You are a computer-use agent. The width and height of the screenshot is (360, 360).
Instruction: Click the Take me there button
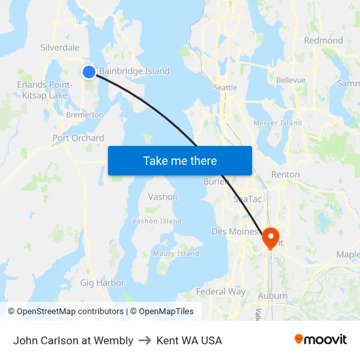pyautogui.click(x=180, y=160)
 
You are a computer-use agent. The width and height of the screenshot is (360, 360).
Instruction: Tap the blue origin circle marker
pyautogui.click(x=89, y=72)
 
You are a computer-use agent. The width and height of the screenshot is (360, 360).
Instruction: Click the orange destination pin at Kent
pyautogui.click(x=270, y=237)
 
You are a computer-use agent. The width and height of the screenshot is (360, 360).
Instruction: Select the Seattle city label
pyautogui.click(x=225, y=87)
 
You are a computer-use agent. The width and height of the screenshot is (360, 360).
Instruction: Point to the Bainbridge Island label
pyautogui.click(x=134, y=71)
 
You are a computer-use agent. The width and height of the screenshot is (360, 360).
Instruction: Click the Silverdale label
pyautogui.click(x=60, y=47)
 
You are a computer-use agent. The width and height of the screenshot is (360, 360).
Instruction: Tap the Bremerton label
pyautogui.click(x=84, y=115)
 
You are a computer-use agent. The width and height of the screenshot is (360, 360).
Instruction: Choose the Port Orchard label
pyautogui.click(x=78, y=137)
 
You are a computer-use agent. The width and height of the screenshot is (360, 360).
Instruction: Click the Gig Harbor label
pyautogui.click(x=102, y=283)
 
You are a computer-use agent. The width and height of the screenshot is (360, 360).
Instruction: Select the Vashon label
pyautogui.click(x=162, y=196)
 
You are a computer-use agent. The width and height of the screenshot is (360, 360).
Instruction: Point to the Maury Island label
pyautogui.click(x=175, y=253)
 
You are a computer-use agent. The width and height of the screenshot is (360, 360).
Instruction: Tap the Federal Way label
pyautogui.click(x=221, y=291)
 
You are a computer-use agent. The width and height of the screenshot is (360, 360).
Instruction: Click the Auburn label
pyautogui.click(x=272, y=296)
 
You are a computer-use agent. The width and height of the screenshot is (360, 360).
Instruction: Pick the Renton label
pyautogui.click(x=285, y=174)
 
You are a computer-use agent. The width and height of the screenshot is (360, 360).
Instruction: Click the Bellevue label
pyautogui.click(x=291, y=80)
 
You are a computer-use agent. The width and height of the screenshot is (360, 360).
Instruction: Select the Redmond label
pyautogui.click(x=323, y=40)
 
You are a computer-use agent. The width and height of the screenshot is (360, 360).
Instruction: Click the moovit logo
pyautogui.click(x=320, y=340)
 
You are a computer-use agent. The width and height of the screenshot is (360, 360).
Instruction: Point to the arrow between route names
pyautogui.click(x=145, y=340)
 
